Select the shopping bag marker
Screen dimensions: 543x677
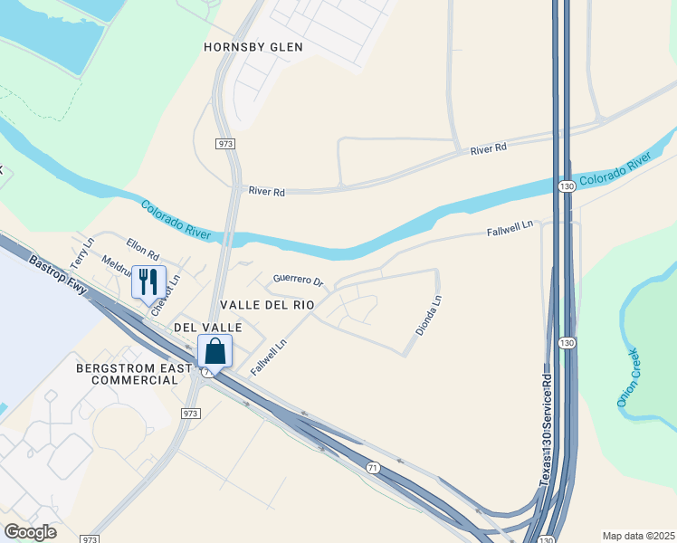(215, 351)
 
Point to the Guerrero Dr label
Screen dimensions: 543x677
(298, 281)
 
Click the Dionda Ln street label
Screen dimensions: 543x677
(429, 316)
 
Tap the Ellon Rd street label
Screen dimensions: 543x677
(142, 248)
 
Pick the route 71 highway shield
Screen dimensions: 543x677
(373, 467)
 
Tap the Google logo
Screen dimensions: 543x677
(30, 532)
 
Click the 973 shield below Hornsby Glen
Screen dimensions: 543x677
(225, 144)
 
